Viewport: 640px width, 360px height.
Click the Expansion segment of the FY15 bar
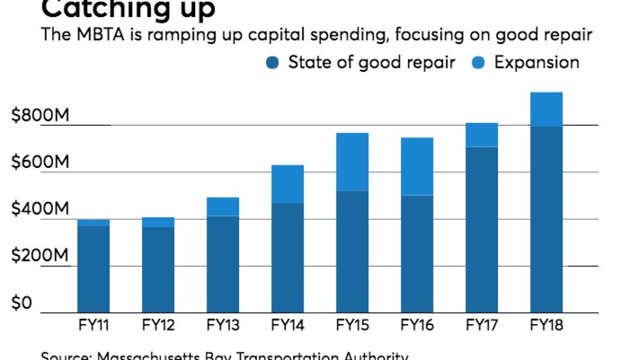click(x=352, y=161)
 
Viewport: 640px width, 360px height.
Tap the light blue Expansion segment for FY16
click(x=417, y=166)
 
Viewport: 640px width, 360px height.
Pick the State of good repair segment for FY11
click(x=93, y=269)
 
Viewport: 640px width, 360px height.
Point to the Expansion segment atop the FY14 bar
click(x=287, y=184)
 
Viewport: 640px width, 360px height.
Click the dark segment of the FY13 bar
click(x=222, y=264)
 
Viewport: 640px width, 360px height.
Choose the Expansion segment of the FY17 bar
click(x=481, y=134)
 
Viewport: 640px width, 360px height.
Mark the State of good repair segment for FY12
click(x=158, y=269)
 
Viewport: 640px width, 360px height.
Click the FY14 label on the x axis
click(x=287, y=325)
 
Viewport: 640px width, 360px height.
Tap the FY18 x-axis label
click(x=546, y=325)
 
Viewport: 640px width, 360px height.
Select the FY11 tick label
click(x=93, y=325)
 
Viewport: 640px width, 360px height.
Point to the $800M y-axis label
click(x=40, y=116)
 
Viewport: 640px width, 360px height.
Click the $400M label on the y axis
click(x=40, y=209)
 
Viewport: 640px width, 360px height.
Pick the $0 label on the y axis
click(x=21, y=303)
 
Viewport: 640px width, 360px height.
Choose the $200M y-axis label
click(x=40, y=256)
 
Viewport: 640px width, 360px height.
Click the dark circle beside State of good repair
click(x=272, y=63)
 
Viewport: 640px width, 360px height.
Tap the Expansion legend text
click(x=536, y=62)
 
